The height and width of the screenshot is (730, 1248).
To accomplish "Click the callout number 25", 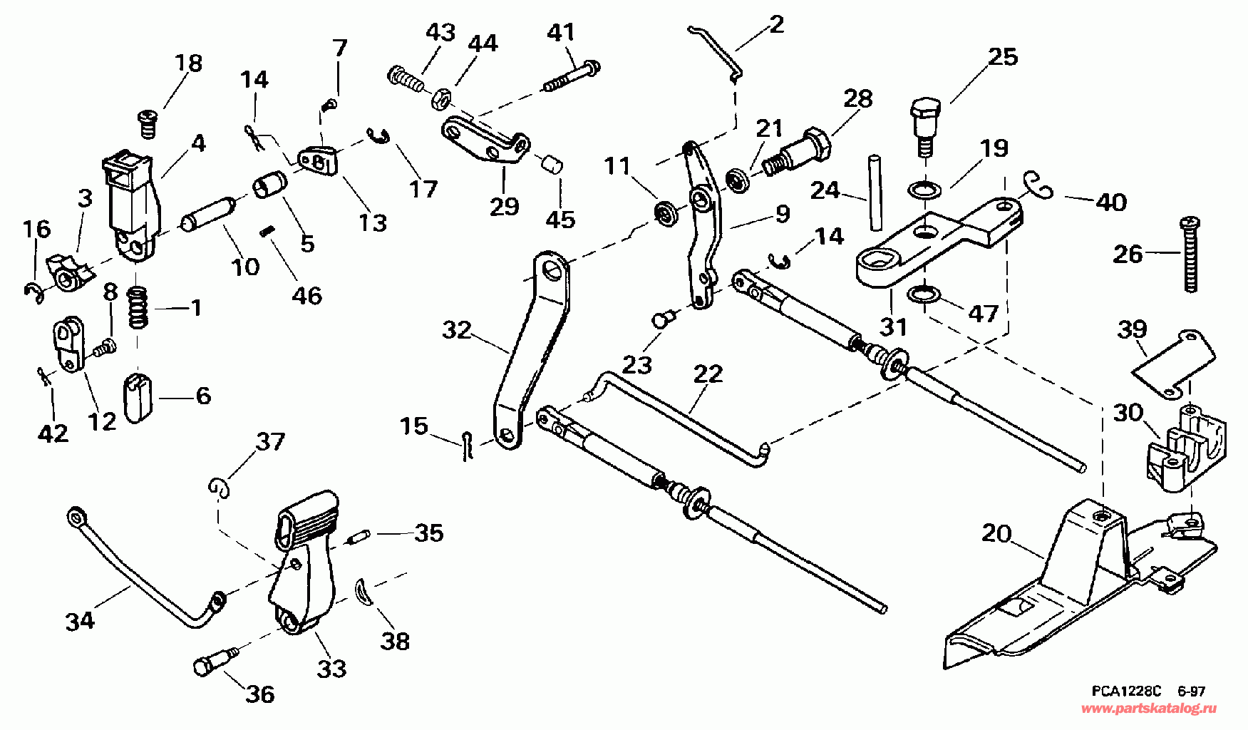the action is [1002, 57].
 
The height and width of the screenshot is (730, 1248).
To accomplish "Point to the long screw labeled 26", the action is [1189, 254].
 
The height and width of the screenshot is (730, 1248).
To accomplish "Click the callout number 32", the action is [458, 331].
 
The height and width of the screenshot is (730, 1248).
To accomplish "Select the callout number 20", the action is [996, 534].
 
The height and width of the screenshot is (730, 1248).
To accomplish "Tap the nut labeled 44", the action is [439, 97].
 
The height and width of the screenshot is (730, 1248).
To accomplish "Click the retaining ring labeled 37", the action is [221, 485].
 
